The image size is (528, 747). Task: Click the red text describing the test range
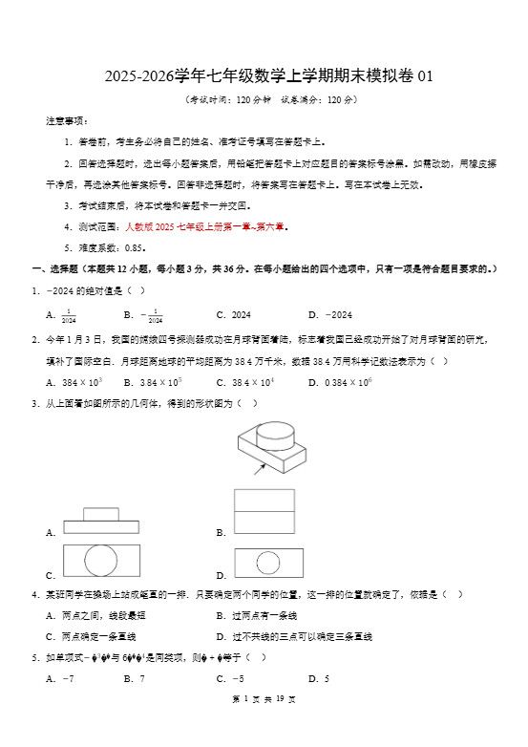205,227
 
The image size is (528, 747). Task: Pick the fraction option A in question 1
61,315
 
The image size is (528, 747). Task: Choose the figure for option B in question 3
264,512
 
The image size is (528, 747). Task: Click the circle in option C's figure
100,561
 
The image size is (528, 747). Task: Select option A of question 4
95,615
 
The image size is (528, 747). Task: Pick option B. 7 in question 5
134,678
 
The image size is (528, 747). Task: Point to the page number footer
264,726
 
